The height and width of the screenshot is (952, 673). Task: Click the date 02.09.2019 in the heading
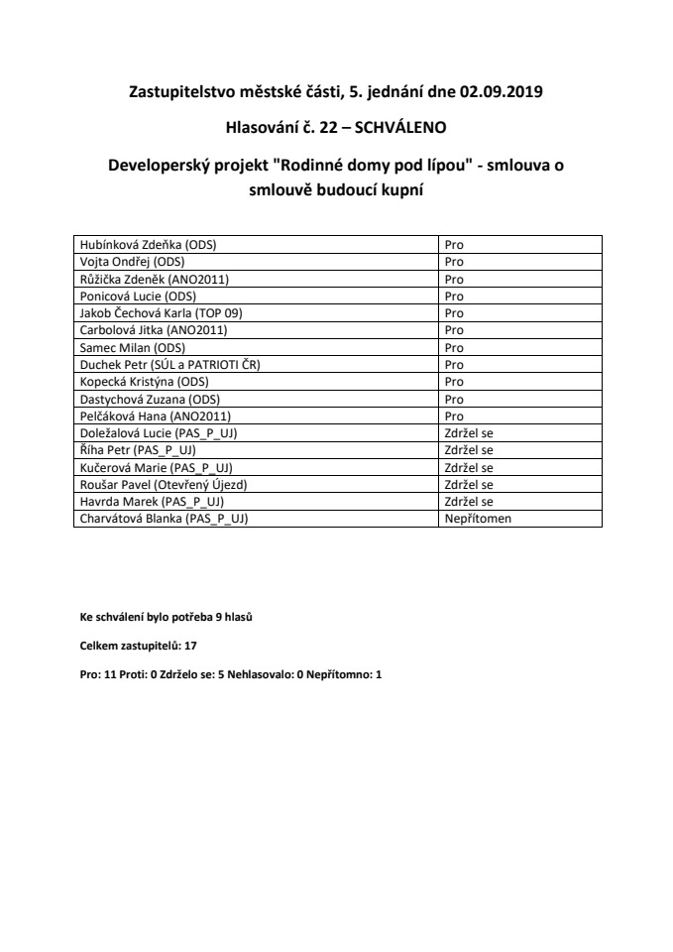click(x=503, y=94)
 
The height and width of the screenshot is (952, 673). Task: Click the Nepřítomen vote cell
click(x=478, y=519)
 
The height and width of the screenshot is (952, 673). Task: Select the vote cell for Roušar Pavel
click(x=469, y=485)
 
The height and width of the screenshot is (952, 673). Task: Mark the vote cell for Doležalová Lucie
click(x=469, y=433)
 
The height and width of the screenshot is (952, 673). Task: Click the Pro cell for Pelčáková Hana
click(x=454, y=416)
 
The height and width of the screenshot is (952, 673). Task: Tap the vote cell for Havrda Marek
click(x=469, y=502)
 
